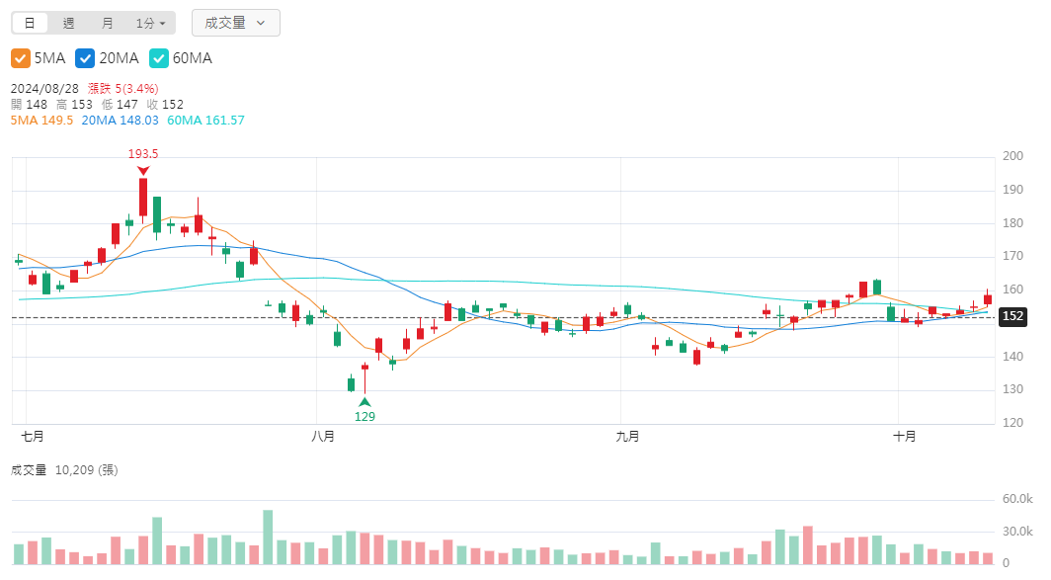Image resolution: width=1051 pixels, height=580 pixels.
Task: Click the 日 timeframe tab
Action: point(30,23)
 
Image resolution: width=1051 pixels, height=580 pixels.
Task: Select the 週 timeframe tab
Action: point(68,23)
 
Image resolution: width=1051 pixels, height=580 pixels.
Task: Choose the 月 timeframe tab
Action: point(107,23)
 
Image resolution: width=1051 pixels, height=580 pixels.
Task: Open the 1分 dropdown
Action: point(150,23)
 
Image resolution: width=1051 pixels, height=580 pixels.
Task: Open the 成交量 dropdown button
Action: point(235,23)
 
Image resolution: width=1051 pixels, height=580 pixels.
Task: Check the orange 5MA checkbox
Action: point(21,58)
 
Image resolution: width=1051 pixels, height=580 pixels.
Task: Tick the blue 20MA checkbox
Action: point(85,58)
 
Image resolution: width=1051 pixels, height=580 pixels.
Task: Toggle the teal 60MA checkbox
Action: point(158,58)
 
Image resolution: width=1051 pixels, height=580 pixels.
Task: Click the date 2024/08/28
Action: point(44,88)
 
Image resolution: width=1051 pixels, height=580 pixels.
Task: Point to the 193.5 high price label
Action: point(143,154)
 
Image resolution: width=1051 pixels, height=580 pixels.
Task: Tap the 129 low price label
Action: point(364,417)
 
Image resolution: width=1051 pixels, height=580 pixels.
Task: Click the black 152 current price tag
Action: point(1012,317)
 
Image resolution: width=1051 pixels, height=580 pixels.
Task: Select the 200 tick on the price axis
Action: point(1012,156)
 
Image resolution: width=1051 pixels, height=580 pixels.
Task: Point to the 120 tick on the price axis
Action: point(1012,423)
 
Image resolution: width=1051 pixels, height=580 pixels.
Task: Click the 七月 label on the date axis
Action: point(33,436)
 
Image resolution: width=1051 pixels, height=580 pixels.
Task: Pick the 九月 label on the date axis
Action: point(626,436)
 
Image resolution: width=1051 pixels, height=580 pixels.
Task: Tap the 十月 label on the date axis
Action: point(904,436)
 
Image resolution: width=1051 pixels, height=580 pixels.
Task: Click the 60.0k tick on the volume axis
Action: point(1017,500)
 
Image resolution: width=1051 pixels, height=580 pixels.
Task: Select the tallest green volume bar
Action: point(268,537)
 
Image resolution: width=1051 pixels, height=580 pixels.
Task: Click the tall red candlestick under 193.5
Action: point(143,197)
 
